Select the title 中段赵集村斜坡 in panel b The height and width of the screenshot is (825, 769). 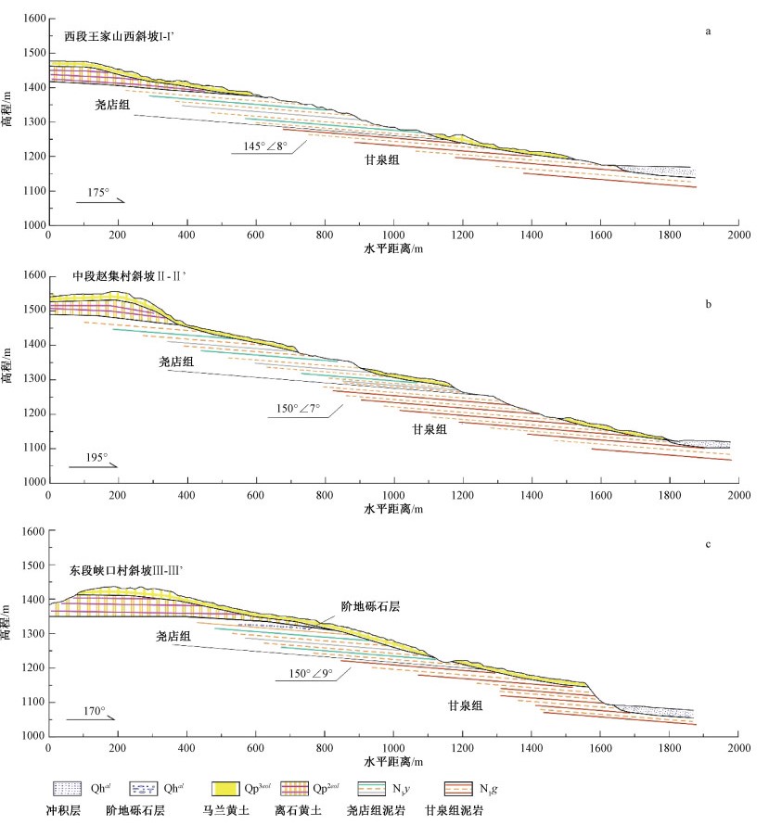point(122,276)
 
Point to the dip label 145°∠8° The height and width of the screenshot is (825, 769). point(259,146)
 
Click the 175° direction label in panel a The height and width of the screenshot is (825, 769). point(98,192)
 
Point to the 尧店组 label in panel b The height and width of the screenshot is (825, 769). point(175,362)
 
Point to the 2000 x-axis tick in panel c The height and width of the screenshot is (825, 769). point(738,746)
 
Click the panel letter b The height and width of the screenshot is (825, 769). point(708,303)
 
